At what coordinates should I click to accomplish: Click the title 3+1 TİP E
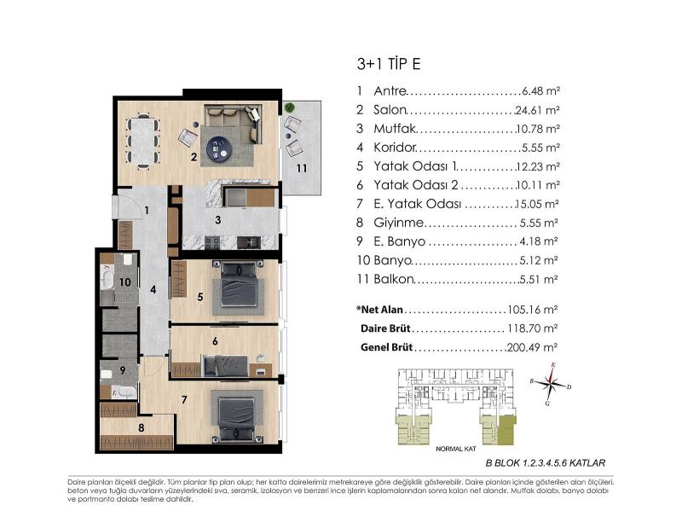pyautogui.click(x=389, y=64)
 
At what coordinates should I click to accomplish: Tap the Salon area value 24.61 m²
pyautogui.click(x=537, y=110)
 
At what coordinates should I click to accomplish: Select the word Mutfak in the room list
pyautogui.click(x=395, y=129)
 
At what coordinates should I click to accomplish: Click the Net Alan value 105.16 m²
pyautogui.click(x=532, y=310)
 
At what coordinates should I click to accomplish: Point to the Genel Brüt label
pyautogui.click(x=386, y=347)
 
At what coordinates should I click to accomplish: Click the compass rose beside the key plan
pyautogui.click(x=550, y=384)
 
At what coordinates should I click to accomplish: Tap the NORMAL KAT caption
pyautogui.click(x=456, y=449)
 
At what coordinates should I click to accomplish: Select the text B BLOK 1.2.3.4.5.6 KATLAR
pyautogui.click(x=545, y=463)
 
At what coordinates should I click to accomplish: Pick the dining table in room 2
pyautogui.click(x=143, y=141)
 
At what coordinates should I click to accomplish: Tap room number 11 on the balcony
pyautogui.click(x=302, y=168)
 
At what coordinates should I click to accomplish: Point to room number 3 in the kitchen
pyautogui.click(x=218, y=220)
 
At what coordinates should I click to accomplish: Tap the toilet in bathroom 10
pyautogui.click(x=127, y=260)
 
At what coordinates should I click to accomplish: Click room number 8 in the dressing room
pyautogui.click(x=141, y=428)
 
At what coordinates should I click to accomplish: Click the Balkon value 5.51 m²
pyautogui.click(x=539, y=279)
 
